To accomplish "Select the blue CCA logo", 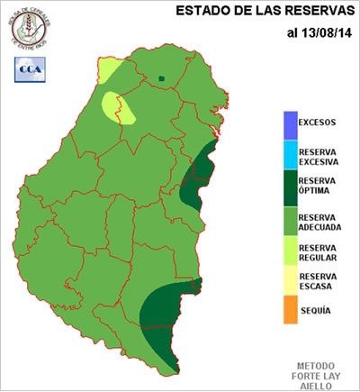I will [29, 67].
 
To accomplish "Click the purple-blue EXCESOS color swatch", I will [288, 123].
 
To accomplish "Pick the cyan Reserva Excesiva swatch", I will [288, 156].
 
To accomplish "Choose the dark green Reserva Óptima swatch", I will [288, 187].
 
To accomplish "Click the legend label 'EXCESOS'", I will [317, 123].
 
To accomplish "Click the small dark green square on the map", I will [161, 78].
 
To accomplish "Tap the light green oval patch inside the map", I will [119, 108].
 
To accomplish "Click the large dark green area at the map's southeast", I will [166, 315].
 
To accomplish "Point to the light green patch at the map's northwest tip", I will [109, 69].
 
